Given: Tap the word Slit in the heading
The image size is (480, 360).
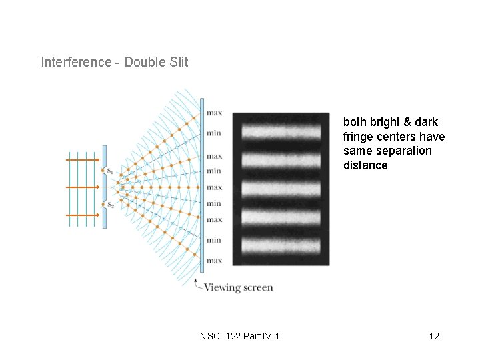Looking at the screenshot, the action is pyautogui.click(x=178, y=62).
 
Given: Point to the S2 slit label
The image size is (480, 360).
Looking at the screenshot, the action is pyautogui.click(x=110, y=205).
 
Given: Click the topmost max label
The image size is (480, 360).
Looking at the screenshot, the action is pyautogui.click(x=214, y=113).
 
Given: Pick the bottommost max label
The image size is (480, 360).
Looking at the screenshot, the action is pyautogui.click(x=214, y=261).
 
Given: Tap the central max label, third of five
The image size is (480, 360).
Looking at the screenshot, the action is pyautogui.click(x=214, y=187).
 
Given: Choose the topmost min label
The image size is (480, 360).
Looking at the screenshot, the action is pyautogui.click(x=214, y=133).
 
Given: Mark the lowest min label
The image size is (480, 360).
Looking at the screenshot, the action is pyautogui.click(x=214, y=239).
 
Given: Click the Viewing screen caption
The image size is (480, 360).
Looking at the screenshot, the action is pyautogui.click(x=238, y=288).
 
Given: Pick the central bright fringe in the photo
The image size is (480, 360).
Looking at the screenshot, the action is pyautogui.click(x=281, y=189).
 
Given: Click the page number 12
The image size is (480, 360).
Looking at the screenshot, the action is pyautogui.click(x=434, y=336).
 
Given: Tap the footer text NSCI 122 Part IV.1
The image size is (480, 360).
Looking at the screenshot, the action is pyautogui.click(x=240, y=336).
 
